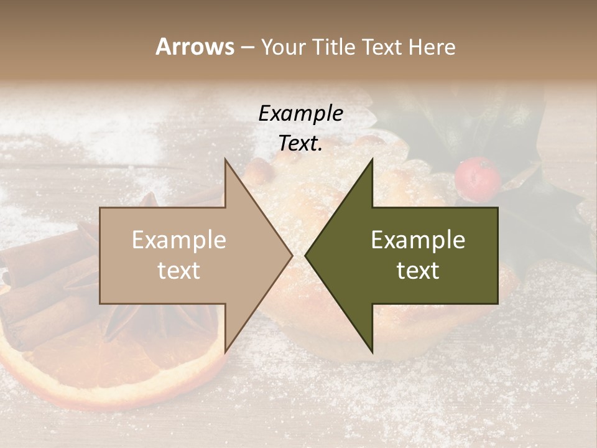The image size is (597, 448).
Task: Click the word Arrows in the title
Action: click(195, 47)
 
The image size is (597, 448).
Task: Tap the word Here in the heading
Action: click(430, 47)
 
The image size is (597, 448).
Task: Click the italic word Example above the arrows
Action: click(300, 113)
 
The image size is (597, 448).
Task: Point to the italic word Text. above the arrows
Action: click(300, 143)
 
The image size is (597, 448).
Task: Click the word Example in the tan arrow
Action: click(178, 240)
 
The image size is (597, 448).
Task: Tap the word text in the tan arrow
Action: click(178, 270)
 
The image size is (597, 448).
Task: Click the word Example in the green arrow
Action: click(418, 240)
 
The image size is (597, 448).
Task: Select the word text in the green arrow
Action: click(418, 270)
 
